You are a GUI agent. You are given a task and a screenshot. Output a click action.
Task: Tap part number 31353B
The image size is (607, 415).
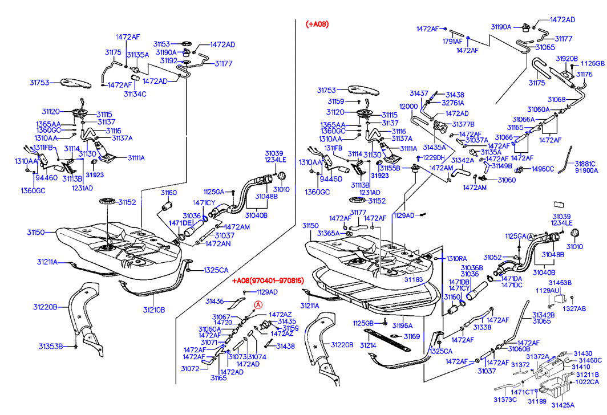51,346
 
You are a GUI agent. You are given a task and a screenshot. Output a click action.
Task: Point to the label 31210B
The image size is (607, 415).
153,310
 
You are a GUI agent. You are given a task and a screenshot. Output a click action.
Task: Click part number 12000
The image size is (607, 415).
408,107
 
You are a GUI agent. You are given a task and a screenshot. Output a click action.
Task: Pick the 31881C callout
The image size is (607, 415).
585,162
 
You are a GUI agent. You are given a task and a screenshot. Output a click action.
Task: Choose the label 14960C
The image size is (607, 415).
543,169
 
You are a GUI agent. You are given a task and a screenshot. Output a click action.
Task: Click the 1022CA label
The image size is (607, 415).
588,383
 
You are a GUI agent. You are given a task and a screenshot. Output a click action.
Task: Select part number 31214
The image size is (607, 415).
367,345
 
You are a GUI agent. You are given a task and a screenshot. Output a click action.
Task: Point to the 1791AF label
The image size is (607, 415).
452,41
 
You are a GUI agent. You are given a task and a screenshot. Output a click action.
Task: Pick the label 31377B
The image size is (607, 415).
463,124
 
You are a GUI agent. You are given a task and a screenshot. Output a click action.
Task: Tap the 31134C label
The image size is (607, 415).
135,93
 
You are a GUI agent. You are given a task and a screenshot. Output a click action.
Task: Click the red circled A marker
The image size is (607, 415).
258,305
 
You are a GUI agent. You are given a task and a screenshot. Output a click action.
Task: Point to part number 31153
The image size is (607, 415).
161,44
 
